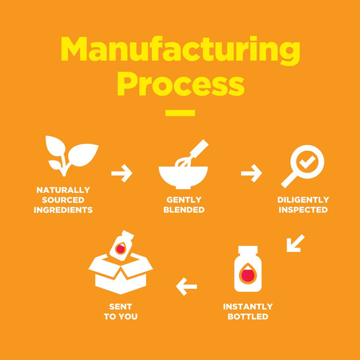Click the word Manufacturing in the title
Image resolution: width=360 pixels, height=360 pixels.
(x=180, y=51)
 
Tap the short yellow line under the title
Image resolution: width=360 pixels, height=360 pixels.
(x=180, y=113)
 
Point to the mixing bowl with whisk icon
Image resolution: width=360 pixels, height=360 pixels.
(x=181, y=166)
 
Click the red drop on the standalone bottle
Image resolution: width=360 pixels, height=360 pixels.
(x=248, y=274)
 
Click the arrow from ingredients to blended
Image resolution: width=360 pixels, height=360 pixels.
(x=121, y=173)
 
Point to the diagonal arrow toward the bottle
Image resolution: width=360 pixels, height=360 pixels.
(x=295, y=243)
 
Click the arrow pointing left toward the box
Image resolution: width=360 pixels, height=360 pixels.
(x=187, y=287)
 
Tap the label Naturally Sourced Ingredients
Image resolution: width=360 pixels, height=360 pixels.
(x=63, y=200)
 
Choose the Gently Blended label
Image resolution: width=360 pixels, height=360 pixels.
(x=184, y=205)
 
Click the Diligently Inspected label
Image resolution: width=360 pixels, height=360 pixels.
(x=303, y=205)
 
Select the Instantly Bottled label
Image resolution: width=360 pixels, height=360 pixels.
(x=247, y=311)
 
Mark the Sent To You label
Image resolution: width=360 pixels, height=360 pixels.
(x=120, y=311)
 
